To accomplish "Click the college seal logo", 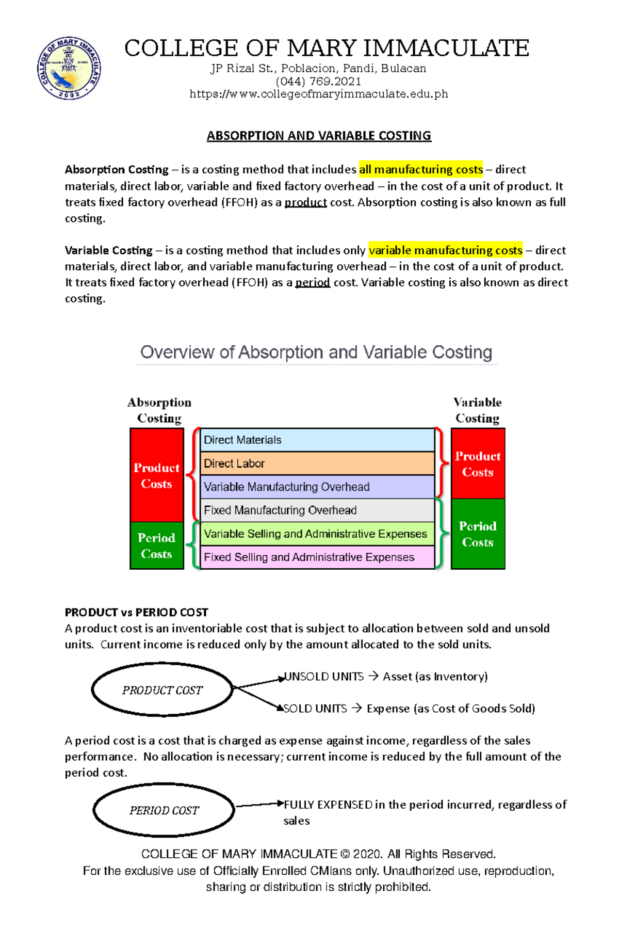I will pos(69,68).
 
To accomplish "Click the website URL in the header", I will pos(318,94).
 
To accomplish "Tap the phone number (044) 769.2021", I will pos(318,82).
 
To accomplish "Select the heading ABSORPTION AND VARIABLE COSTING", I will pos(318,136).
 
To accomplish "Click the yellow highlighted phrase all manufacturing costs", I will pos(420,169).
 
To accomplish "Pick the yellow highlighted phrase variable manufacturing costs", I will pos(445,250).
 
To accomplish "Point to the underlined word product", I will pos(305,202).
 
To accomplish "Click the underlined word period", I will pos(312,282).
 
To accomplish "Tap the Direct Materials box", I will pos(317,440).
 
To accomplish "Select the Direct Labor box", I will pos(317,463).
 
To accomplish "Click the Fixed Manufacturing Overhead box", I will pos(317,510).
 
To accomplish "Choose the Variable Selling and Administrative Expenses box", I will pos(317,534).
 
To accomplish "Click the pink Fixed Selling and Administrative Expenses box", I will pos(317,557).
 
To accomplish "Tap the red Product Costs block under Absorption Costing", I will pos(157,475).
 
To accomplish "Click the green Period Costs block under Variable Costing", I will pos(478,534).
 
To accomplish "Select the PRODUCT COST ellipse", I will pos(162,690).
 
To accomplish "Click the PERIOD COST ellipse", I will pos(164,810).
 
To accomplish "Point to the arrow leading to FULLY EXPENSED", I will pos(258,805).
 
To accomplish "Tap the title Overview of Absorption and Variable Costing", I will pos(316,352).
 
